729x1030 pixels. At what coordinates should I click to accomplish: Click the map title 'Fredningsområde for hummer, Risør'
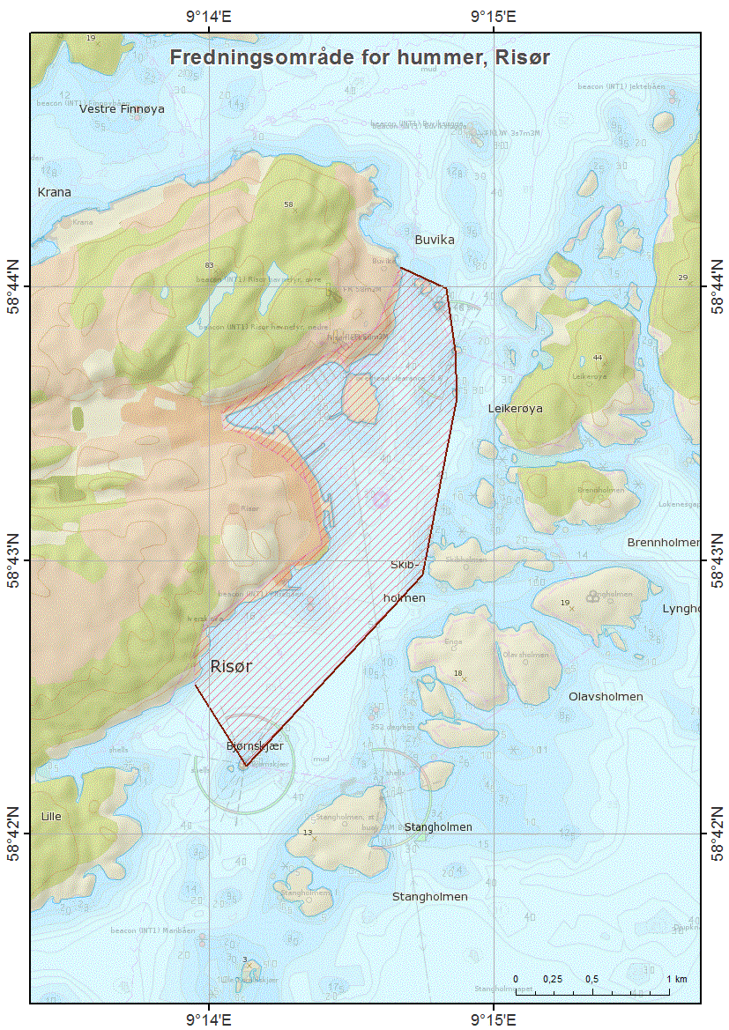[x=360, y=57]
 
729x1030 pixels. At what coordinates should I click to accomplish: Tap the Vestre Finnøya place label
[x=122, y=109]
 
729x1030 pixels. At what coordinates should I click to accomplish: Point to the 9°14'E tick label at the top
[x=208, y=15]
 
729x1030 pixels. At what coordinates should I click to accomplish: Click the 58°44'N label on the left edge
[x=15, y=286]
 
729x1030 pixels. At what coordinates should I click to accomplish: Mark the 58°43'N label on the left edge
[x=15, y=560]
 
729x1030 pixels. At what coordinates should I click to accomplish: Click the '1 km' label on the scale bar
[x=676, y=979]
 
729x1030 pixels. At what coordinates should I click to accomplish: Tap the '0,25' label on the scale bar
[x=553, y=979]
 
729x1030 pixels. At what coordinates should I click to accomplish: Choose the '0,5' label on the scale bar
[x=592, y=979]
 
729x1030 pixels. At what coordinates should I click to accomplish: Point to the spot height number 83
[x=209, y=265]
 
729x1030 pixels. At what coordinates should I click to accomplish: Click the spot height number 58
[x=287, y=204]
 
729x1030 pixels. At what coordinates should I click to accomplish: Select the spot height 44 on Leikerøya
[x=598, y=358]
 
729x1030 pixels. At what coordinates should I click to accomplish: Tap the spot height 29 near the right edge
[x=682, y=278]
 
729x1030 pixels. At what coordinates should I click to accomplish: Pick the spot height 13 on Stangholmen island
[x=308, y=833]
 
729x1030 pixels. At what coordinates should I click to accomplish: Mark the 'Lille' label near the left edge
[x=50, y=816]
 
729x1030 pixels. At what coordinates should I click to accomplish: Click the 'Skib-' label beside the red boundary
[x=407, y=564]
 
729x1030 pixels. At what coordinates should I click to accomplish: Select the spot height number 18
[x=457, y=674]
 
